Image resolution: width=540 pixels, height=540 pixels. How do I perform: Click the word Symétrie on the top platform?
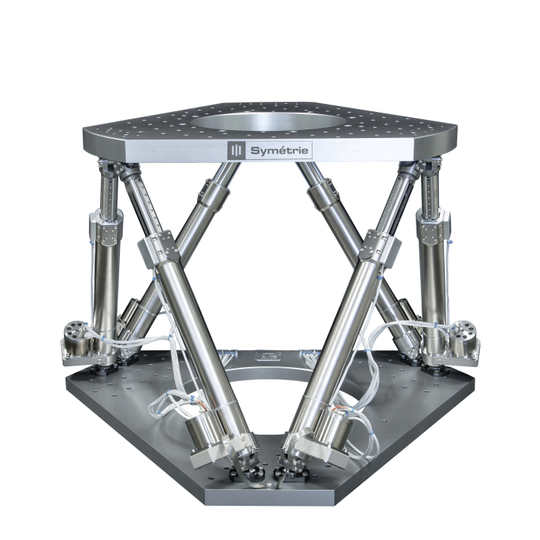click(x=279, y=150)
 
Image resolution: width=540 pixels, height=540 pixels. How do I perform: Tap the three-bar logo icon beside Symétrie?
click(x=236, y=150)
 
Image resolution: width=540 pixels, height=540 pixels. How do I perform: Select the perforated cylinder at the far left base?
click(x=76, y=335)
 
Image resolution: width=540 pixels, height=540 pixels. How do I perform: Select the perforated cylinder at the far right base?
click(x=464, y=335)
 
